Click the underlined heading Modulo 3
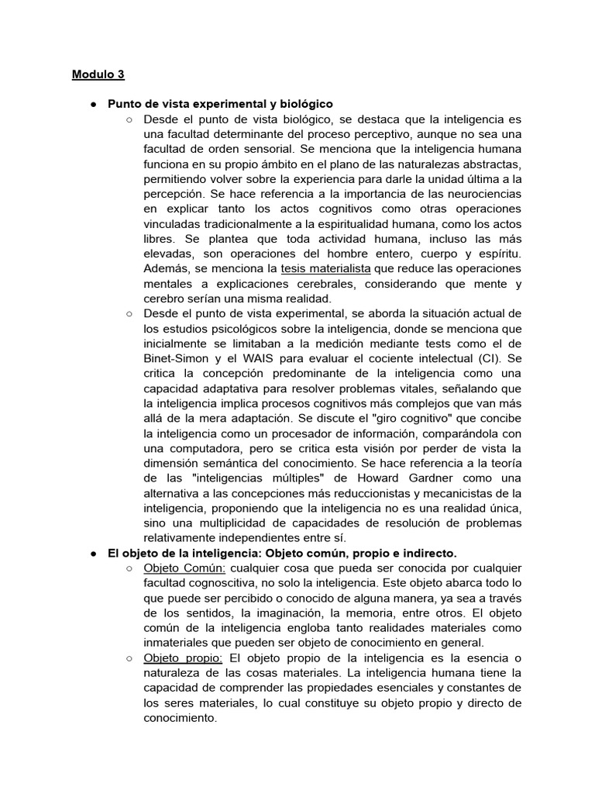[98, 75]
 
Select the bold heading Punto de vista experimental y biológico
[220, 103]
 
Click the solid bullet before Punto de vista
[92, 104]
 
